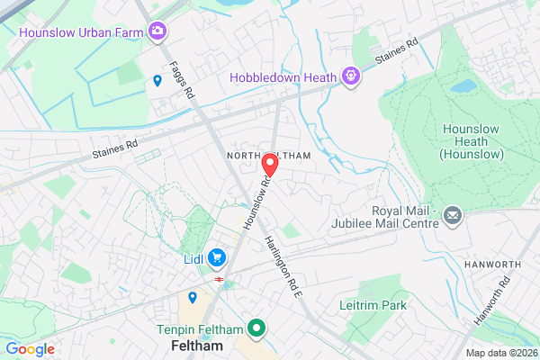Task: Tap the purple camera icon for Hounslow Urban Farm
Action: (x=157, y=31)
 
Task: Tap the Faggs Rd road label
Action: (x=180, y=78)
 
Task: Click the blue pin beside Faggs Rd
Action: (x=157, y=81)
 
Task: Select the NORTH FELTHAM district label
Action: (x=268, y=155)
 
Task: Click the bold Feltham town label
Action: (x=196, y=346)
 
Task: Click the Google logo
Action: (x=31, y=348)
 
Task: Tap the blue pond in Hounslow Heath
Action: (x=463, y=86)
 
